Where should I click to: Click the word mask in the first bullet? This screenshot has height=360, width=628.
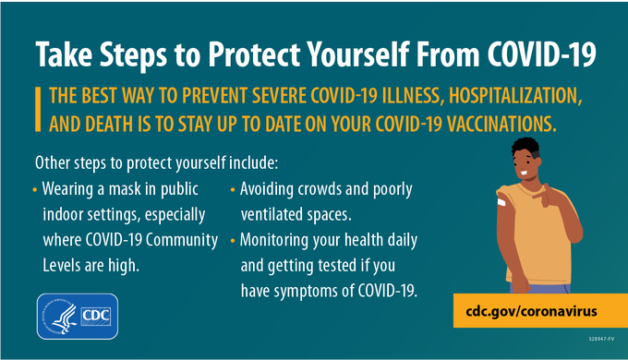[x=131, y=190]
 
